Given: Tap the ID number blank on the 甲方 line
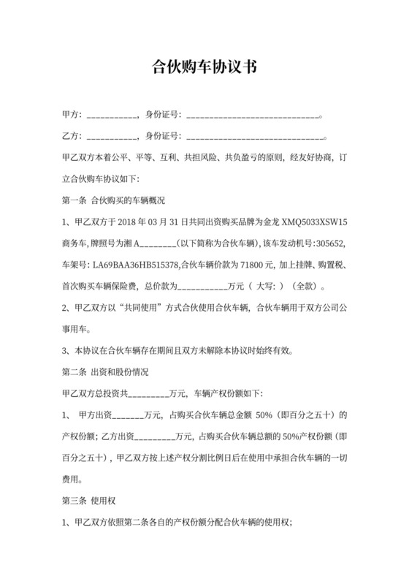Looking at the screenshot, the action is (253, 116).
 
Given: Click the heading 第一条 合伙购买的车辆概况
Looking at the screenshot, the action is (115, 200).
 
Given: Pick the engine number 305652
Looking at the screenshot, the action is (340, 242).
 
